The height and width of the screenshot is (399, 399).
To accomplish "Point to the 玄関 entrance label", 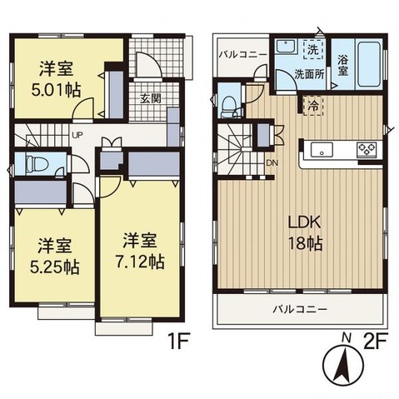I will coord(151,98).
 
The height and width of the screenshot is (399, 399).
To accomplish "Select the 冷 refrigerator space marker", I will coord(312,106).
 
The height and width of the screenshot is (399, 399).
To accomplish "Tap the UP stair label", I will coord(76,135).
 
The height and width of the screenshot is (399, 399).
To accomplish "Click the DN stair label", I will coord(272,163).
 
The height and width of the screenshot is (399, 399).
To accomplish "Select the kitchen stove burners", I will coord(367,150).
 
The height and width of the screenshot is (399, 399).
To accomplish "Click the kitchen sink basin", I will coord(322,150).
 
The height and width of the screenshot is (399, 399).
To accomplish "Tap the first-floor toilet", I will coord(36,163).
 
